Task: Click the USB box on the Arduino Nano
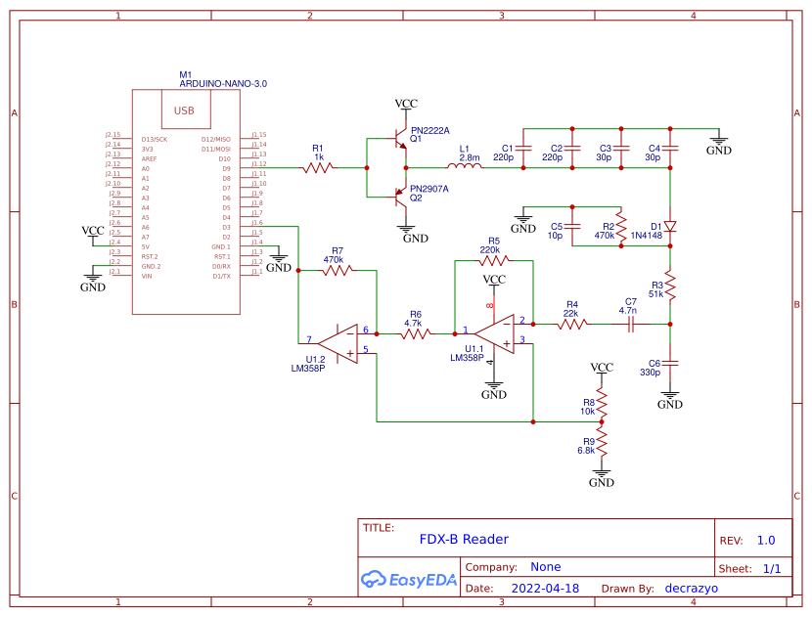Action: pos(184,110)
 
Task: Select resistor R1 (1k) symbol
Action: pos(318,168)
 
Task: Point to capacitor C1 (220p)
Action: pos(523,149)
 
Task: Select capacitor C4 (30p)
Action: pos(670,149)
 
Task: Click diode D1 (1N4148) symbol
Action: pos(670,226)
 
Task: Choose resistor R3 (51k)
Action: pos(670,285)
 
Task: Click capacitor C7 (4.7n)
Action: pos(631,324)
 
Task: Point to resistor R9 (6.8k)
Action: pos(603,446)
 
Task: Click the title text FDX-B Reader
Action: pos(464,539)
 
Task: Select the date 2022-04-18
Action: pos(546,589)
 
